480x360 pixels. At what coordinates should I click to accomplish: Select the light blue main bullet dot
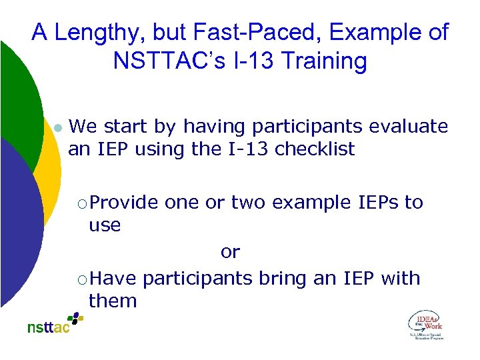click(x=57, y=127)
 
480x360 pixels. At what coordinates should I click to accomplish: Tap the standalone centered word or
click(x=230, y=252)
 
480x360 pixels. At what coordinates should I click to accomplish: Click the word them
click(x=113, y=301)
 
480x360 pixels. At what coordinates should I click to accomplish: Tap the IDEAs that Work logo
click(x=425, y=325)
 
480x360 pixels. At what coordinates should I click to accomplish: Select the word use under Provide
click(x=105, y=225)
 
